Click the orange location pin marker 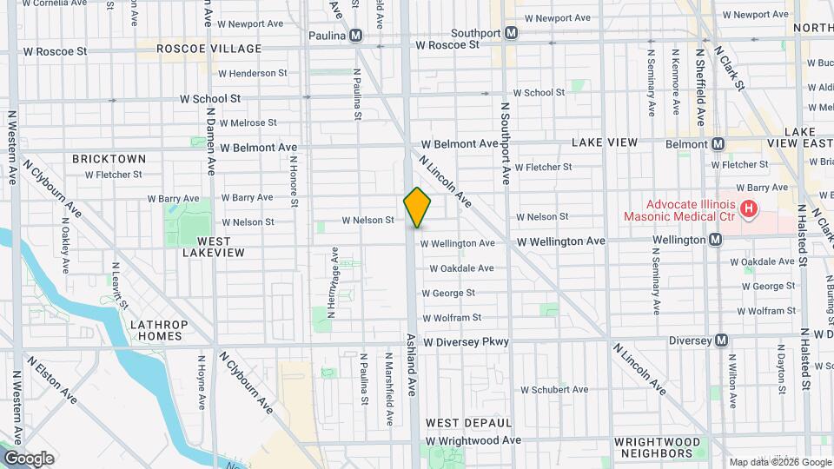tap(417, 207)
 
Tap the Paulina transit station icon tap(356, 36)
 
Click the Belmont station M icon tap(718, 144)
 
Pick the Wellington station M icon tap(715, 240)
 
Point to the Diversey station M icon tap(720, 340)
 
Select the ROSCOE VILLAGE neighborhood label tap(208, 49)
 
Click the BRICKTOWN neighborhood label tap(109, 159)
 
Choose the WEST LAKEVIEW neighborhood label tap(214, 246)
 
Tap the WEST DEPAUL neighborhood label tap(468, 422)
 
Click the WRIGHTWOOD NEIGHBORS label tap(658, 447)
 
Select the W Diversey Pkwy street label tap(467, 342)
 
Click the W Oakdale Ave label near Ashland tap(461, 268)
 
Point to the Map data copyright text tap(778, 462)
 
